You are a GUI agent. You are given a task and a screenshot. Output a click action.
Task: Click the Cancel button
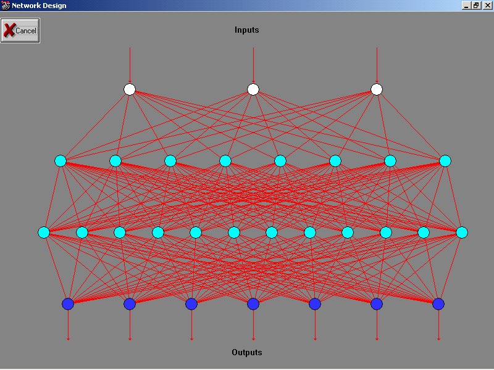pos(20,30)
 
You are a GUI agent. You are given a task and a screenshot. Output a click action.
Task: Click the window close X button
pos(487,6)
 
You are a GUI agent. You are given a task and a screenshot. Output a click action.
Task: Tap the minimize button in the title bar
pos(466,6)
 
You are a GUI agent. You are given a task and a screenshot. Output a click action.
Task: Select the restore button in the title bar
pos(476,6)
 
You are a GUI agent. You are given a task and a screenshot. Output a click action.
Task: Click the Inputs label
pos(247,30)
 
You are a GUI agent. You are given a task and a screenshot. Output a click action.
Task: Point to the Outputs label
pos(247,353)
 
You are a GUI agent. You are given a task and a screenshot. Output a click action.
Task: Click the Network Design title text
pos(39,6)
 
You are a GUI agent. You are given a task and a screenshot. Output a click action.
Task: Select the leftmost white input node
pos(130,89)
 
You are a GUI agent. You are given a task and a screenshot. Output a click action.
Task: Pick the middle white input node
pos(253,89)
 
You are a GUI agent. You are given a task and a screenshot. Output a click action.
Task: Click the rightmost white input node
pos(377,89)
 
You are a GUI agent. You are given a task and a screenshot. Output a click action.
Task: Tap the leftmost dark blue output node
pos(68,303)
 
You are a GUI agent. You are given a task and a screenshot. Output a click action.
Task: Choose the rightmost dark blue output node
pos(438,303)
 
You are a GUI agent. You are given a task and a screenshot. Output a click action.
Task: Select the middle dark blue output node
pos(253,303)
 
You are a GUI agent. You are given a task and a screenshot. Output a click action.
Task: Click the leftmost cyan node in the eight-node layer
pos(61,161)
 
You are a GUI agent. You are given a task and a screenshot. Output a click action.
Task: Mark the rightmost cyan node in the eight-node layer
pos(445,161)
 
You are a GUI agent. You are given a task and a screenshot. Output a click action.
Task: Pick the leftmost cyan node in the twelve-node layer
pos(44,232)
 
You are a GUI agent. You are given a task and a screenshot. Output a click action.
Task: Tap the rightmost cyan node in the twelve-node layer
pos(462,232)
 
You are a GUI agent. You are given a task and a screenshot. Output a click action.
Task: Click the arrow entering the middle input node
pos(253,65)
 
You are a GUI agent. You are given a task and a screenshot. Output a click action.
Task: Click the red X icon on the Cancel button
pos(9,30)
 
